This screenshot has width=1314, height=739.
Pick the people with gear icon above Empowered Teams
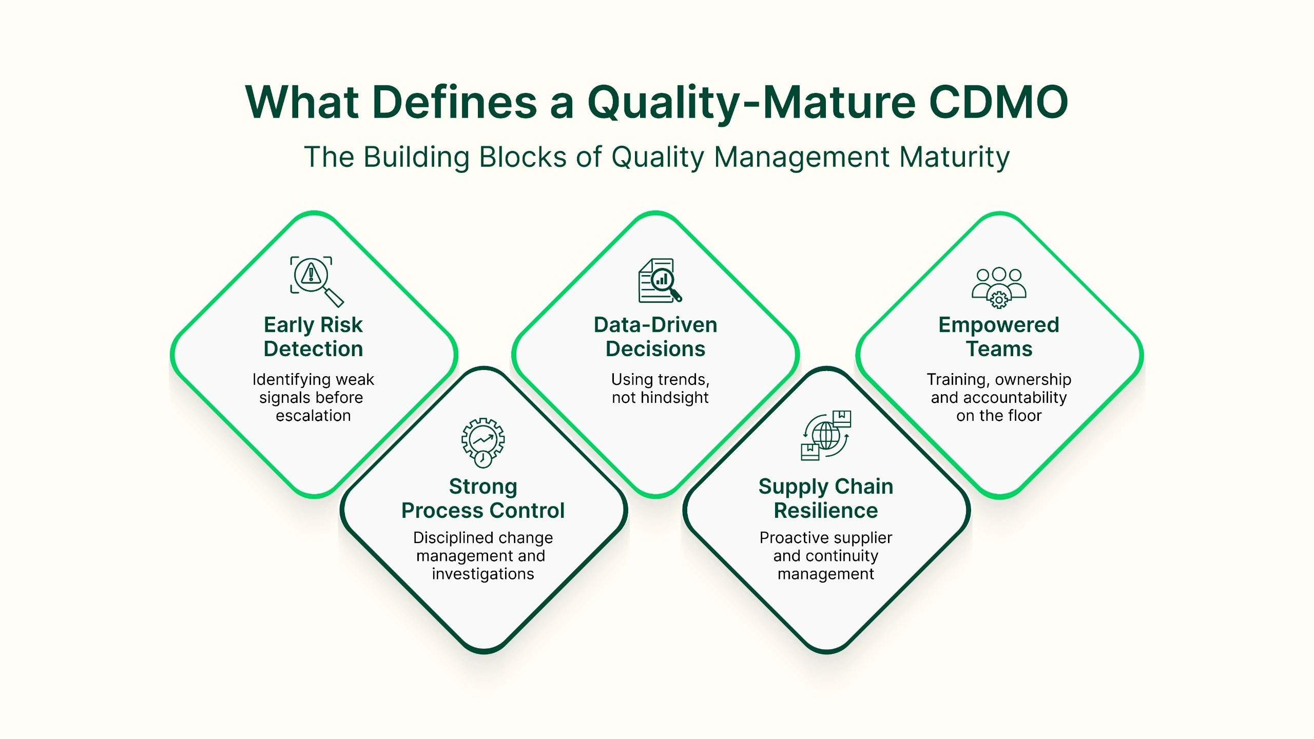click(999, 287)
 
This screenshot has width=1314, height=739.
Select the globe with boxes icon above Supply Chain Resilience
click(826, 435)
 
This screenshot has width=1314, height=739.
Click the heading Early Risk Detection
click(313, 337)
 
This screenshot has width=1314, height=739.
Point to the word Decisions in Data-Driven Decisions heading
click(655, 349)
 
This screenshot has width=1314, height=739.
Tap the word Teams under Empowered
click(999, 349)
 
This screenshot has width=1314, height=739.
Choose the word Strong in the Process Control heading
click(483, 487)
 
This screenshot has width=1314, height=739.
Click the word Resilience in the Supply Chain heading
click(826, 511)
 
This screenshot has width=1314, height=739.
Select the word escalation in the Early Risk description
click(313, 416)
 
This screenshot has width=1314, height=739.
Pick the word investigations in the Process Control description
click(483, 574)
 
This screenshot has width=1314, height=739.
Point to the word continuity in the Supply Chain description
click(842, 556)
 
